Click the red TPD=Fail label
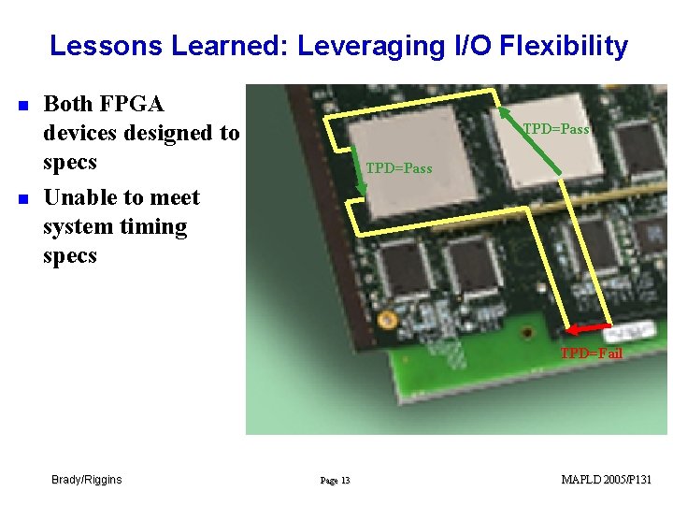[591, 353]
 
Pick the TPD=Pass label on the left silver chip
[398, 168]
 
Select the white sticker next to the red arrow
[633, 331]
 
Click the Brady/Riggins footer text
[86, 480]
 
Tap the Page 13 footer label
[335, 481]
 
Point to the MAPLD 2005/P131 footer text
[606, 480]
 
